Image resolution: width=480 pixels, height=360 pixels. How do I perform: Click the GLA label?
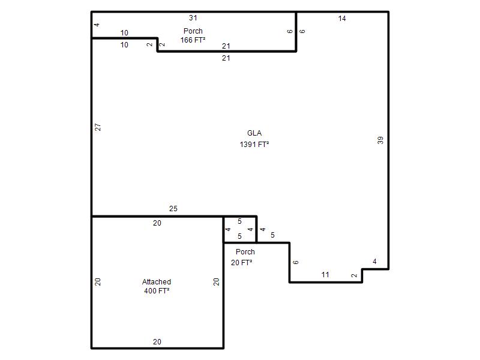click(254, 133)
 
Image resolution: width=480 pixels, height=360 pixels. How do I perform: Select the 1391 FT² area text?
click(254, 144)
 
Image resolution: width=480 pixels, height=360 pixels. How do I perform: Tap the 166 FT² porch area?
click(193, 40)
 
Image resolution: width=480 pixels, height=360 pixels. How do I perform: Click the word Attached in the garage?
click(157, 281)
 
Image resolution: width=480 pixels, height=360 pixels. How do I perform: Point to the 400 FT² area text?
click(157, 290)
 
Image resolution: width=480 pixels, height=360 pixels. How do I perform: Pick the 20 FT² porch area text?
click(242, 263)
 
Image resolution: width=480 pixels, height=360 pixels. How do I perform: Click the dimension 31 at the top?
click(193, 18)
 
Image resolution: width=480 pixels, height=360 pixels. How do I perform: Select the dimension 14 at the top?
click(342, 19)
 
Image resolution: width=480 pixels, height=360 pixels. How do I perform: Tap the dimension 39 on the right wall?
click(380, 140)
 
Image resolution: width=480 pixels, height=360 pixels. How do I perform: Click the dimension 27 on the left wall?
click(98, 127)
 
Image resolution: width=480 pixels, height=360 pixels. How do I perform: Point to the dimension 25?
click(173, 208)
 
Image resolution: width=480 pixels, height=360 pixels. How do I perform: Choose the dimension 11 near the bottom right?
click(325, 275)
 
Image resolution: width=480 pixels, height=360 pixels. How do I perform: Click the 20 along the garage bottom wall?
click(157, 341)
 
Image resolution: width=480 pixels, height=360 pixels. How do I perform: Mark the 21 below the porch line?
click(226, 58)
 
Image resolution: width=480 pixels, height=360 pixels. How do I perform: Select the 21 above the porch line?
click(226, 46)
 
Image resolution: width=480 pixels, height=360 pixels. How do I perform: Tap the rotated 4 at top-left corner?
click(97, 25)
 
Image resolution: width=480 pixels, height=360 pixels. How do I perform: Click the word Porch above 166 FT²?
click(193, 31)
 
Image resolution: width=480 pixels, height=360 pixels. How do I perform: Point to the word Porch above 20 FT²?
click(245, 251)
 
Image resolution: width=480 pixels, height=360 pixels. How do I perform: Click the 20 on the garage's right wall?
click(217, 281)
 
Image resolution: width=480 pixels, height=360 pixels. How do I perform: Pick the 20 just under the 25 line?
click(157, 223)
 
